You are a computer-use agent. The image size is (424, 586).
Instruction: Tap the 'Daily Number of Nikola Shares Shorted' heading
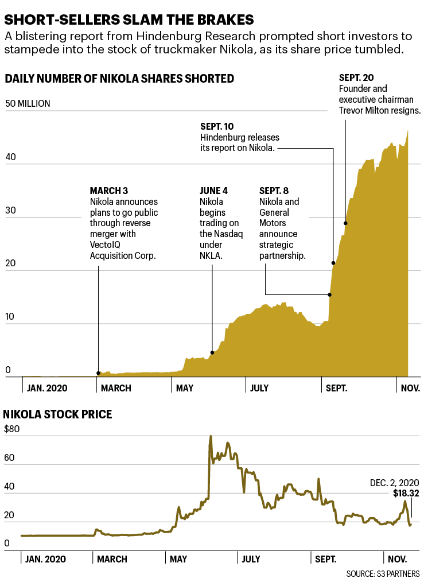(119, 79)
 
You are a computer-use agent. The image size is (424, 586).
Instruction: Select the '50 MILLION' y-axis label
(28, 104)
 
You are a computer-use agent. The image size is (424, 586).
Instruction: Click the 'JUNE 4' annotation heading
(213, 191)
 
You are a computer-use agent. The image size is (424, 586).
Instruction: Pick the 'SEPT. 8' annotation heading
(274, 191)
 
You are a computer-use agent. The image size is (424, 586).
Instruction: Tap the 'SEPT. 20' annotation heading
(356, 77)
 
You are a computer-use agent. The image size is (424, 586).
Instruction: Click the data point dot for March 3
(98, 373)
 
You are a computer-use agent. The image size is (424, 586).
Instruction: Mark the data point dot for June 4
(212, 352)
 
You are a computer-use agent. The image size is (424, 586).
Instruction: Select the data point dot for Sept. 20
(345, 223)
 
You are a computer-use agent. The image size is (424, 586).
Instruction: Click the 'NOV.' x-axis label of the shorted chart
(410, 388)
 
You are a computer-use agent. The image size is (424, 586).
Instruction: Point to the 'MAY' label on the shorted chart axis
(185, 388)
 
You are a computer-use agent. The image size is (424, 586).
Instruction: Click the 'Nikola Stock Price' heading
(57, 414)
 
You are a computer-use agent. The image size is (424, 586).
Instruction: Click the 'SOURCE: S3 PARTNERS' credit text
(383, 574)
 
